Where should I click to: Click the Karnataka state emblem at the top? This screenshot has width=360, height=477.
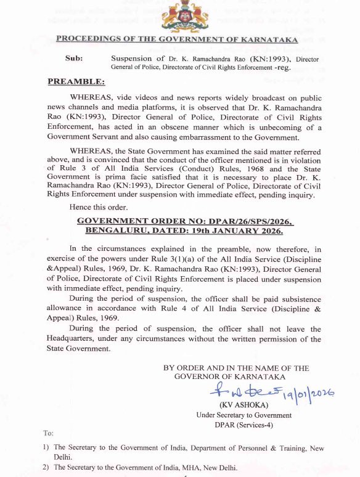(180, 16)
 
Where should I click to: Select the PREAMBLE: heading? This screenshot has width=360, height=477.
(76, 81)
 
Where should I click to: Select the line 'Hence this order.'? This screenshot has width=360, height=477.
(98, 209)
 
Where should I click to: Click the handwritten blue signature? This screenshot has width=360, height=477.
(237, 389)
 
